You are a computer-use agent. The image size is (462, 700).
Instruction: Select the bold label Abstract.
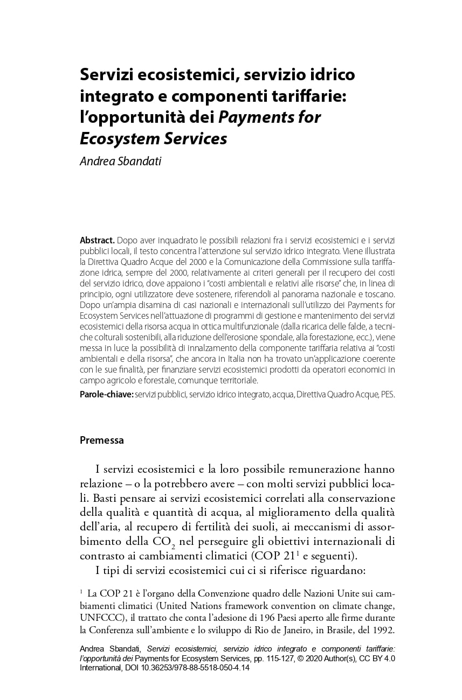pyautogui.click(x=97, y=240)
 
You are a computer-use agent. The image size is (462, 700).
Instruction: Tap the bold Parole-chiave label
pyautogui.click(x=106, y=394)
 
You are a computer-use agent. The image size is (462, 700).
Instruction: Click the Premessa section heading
pyautogui.click(x=102, y=440)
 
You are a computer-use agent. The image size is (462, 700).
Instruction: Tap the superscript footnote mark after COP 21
pyautogui.click(x=297, y=552)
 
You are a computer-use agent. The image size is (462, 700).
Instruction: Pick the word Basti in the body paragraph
pyautogui.click(x=102, y=498)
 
